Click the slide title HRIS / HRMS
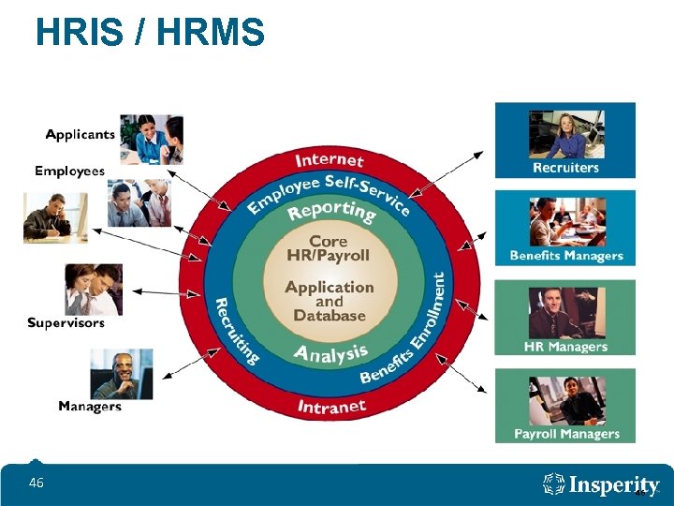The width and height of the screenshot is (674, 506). pos(150,34)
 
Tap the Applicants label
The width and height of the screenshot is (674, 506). pos(81,134)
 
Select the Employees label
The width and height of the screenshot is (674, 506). pos(69,171)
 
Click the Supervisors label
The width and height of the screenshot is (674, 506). pos(66,323)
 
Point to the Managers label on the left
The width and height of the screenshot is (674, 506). pos(90,406)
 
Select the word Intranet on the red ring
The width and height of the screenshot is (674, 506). pos(331,407)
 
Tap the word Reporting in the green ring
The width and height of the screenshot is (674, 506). pos(332,212)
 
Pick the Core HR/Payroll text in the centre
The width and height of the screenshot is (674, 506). pos(329,248)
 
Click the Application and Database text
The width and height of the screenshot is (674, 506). pos(330,301)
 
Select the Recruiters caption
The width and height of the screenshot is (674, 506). pos(565,168)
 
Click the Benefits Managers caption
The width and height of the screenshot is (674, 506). pos(565,256)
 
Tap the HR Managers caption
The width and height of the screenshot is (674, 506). pos(565,347)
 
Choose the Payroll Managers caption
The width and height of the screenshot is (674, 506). pos(566,434)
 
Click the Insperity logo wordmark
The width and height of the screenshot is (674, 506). pos(603,485)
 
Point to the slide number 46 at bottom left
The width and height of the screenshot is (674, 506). pos(37,483)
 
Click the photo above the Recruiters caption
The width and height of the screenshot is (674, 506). pos(566,135)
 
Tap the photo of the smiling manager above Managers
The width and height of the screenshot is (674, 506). pos(121,374)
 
